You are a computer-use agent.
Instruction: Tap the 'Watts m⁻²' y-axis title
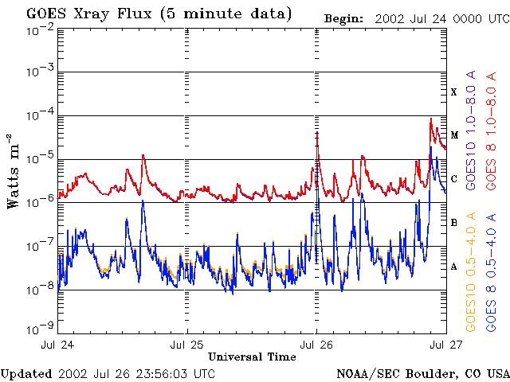tap(14, 170)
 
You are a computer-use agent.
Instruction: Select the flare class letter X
tap(454, 92)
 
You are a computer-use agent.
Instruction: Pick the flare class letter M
tap(454, 135)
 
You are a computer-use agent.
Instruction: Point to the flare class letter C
tap(454, 178)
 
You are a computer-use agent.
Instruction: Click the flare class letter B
tap(454, 222)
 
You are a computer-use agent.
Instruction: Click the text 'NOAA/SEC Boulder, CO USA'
tap(422, 373)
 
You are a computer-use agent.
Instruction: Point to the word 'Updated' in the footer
tap(26, 373)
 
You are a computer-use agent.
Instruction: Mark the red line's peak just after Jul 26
tap(317, 133)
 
